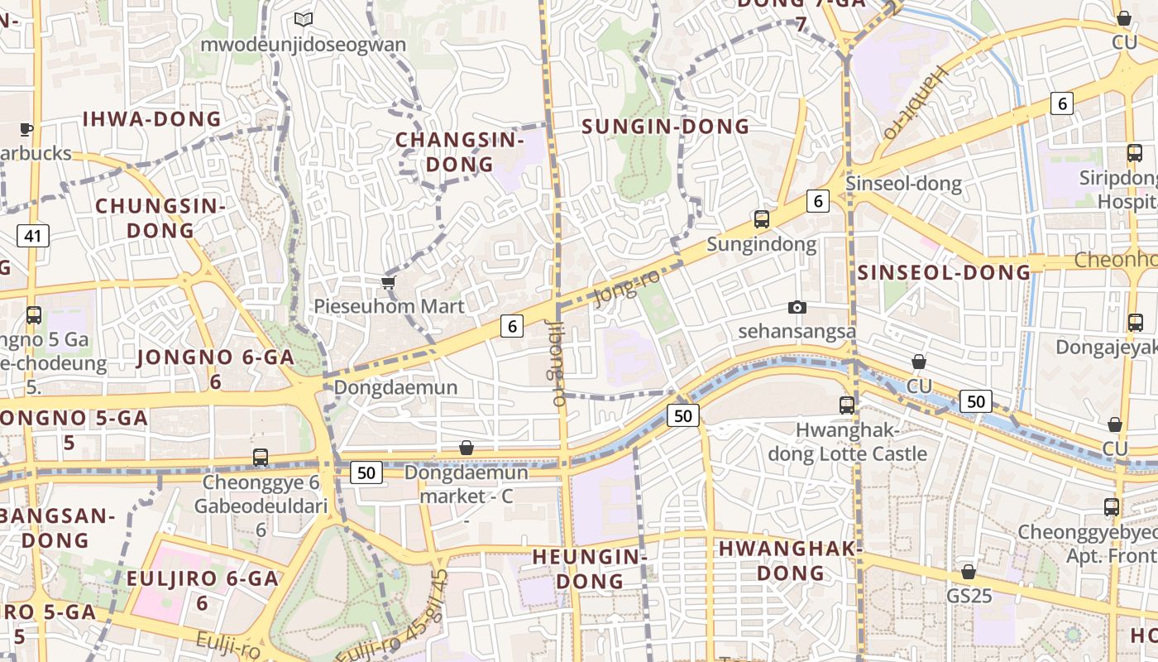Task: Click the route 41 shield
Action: coord(32,236)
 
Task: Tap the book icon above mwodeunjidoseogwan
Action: coord(304,18)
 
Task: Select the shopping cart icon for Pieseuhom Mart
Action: coord(388,283)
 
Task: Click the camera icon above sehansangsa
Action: coord(797,308)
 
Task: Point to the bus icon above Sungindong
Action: coord(762,219)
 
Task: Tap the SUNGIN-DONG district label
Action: coord(666,127)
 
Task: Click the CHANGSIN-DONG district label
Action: coord(460,152)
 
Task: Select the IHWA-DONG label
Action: coord(152,119)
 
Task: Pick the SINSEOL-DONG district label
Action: coord(944,272)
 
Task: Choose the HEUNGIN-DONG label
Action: coord(590,568)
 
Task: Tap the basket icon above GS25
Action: coord(969,573)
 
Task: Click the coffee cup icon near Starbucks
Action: coord(26,129)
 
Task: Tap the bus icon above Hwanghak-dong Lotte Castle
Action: coord(847,405)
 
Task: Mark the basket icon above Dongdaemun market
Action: coord(467,448)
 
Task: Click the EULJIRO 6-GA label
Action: coord(202,579)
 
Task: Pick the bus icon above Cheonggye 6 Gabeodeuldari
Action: coord(261,457)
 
